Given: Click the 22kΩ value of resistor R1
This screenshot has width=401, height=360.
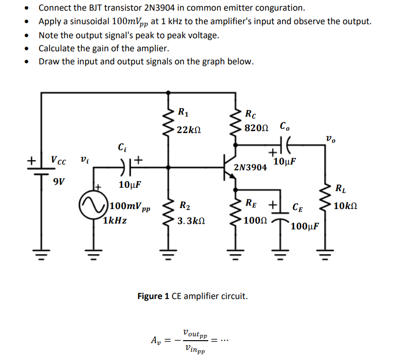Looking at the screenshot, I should [188, 130].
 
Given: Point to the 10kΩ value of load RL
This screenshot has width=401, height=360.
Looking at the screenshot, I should [346, 206].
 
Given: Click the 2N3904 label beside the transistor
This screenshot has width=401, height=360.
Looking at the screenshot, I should [250, 167].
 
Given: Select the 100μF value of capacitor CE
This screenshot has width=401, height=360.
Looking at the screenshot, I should [305, 226].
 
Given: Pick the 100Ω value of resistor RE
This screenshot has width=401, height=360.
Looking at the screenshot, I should [255, 221].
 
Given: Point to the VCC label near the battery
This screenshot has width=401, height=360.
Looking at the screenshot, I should [61, 160].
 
